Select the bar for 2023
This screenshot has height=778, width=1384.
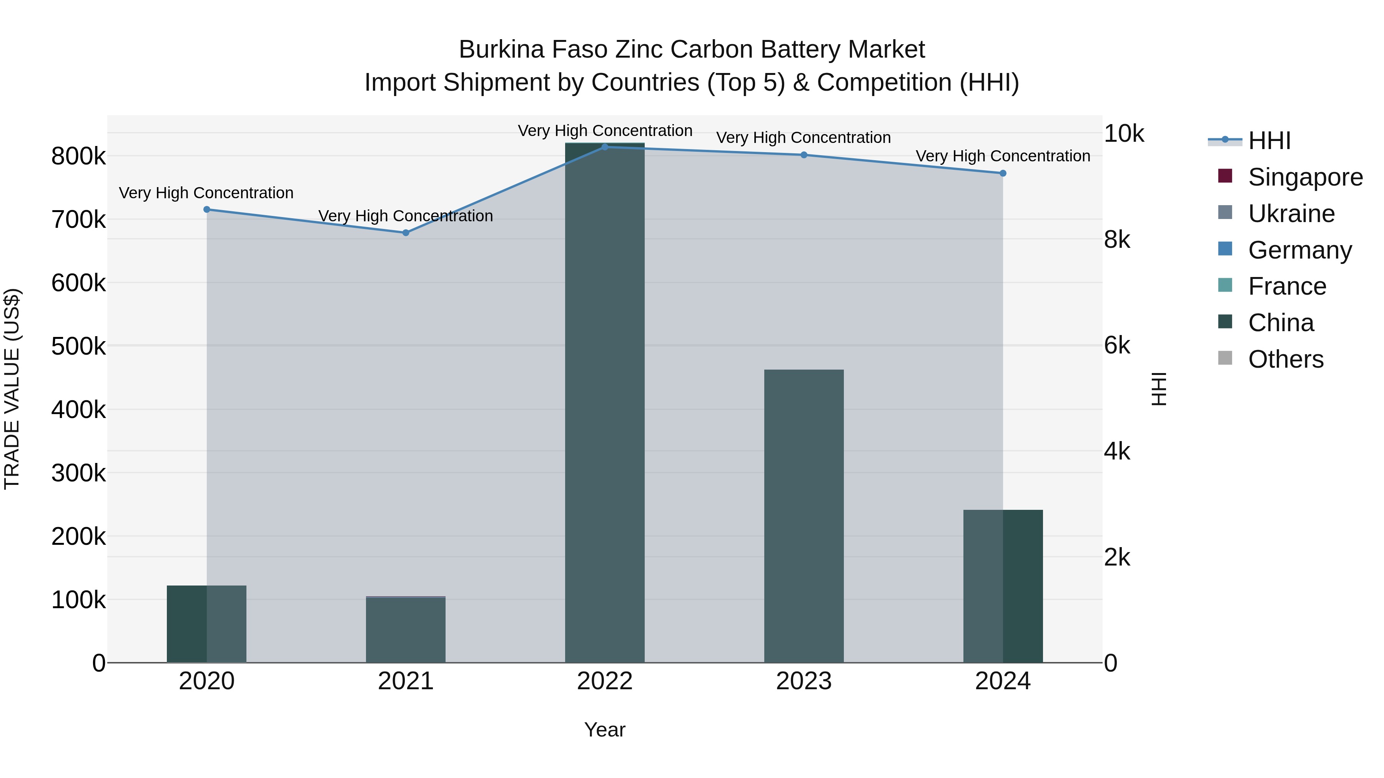[804, 516]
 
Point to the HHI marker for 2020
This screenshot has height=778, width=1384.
[207, 209]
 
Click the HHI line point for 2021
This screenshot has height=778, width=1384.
[406, 232]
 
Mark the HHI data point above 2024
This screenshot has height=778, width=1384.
[1003, 173]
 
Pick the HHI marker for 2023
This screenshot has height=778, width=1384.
[804, 154]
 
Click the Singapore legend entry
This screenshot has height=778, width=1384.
[1305, 177]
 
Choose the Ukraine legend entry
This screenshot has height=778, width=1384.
[1291, 214]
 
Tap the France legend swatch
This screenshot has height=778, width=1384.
[1225, 285]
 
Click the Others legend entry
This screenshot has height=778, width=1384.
[1286, 359]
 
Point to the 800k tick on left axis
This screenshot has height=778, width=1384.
[78, 157]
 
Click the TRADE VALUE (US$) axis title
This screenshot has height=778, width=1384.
[12, 389]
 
